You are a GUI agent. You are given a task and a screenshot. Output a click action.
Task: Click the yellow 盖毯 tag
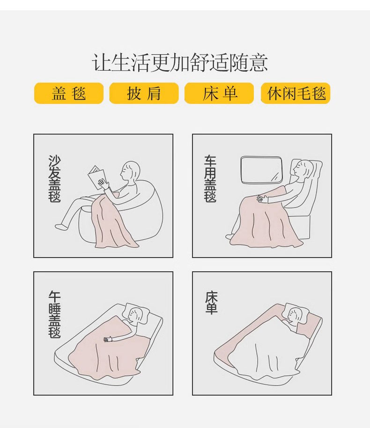[x=68, y=94]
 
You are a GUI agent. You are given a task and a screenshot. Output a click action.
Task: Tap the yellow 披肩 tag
[x=144, y=94]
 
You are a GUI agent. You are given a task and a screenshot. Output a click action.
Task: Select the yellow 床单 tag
[x=219, y=94]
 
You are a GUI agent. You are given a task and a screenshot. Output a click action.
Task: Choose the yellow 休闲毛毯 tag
[x=296, y=94]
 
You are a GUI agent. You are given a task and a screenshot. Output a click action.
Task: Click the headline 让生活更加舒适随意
[x=179, y=63]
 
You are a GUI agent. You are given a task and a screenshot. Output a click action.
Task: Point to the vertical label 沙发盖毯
[x=54, y=179]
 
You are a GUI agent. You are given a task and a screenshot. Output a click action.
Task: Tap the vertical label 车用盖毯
[x=210, y=179]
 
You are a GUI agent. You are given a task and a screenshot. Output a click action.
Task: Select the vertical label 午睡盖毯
[x=54, y=314]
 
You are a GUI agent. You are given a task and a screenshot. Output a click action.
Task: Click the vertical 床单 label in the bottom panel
[x=211, y=303]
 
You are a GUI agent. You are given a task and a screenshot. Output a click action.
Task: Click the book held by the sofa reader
[x=96, y=177]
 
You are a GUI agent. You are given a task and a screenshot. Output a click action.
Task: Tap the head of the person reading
[x=130, y=171]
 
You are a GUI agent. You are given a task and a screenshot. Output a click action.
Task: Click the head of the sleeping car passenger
[x=302, y=169]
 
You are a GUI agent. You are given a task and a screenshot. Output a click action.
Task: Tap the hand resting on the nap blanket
[x=108, y=339]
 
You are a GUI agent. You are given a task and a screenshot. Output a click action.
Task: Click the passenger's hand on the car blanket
[x=262, y=198]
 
